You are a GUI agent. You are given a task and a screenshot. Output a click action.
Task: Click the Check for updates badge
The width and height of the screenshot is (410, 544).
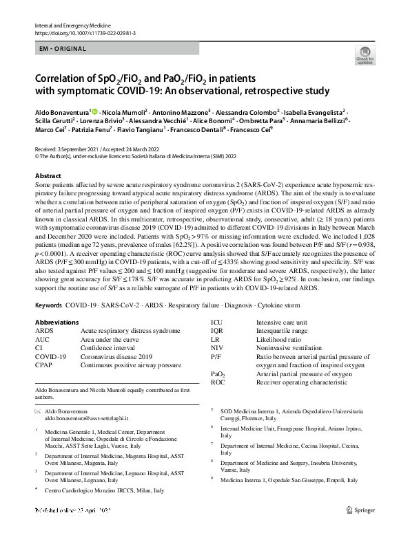coord(364,55)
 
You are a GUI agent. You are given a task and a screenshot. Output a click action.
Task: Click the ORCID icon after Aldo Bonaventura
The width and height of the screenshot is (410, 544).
coord(94,110)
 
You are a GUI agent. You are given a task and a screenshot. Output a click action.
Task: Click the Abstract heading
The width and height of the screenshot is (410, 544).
coord(48,176)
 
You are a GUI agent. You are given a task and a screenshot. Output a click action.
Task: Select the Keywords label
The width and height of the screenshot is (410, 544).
coord(50,304)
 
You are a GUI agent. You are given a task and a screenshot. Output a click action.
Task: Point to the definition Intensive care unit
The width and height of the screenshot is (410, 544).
coord(281,321)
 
